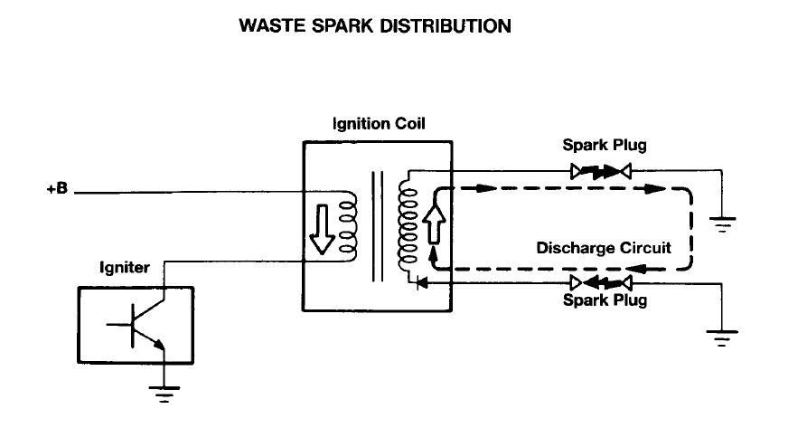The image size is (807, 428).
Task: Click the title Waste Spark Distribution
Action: point(375,26)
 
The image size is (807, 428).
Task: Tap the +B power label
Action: point(57,192)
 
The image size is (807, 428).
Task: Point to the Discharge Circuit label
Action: point(603,247)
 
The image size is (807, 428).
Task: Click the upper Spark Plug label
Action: point(605,145)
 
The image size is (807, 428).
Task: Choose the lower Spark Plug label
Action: point(605,300)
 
